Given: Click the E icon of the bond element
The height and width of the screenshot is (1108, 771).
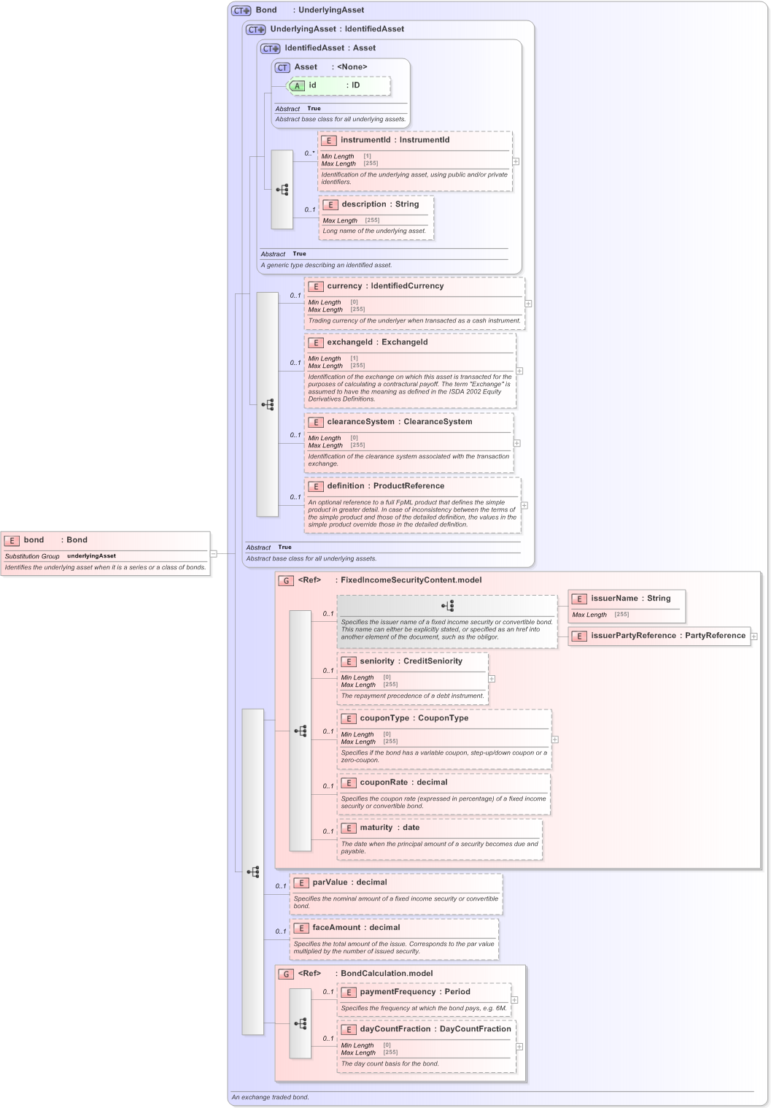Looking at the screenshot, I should tap(12, 541).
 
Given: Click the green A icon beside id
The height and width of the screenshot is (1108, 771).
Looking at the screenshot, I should tap(297, 86).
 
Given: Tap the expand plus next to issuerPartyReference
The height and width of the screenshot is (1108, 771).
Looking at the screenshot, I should tap(753, 636).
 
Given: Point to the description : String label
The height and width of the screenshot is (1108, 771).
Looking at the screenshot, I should tap(380, 204).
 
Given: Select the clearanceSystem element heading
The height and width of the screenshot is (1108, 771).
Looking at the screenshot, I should tap(399, 422).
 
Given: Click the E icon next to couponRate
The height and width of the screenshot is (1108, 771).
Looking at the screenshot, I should tap(349, 783).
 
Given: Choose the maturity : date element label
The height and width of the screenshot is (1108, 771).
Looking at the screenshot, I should tap(390, 828).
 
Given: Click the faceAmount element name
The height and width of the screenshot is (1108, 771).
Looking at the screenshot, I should tap(336, 928).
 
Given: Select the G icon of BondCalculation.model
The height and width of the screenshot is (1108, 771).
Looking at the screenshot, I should tap(286, 974).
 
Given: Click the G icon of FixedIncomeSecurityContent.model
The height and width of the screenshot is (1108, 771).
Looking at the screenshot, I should tap(286, 581).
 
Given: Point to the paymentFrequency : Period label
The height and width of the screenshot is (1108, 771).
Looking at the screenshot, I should tap(414, 992).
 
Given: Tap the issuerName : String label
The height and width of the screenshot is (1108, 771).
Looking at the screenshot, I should tap(630, 599).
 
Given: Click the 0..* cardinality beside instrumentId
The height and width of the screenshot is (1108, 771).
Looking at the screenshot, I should tap(309, 153).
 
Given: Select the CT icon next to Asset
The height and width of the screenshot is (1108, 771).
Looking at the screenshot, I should tap(282, 68).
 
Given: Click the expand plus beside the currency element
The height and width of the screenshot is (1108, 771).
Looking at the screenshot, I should tap(528, 304).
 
